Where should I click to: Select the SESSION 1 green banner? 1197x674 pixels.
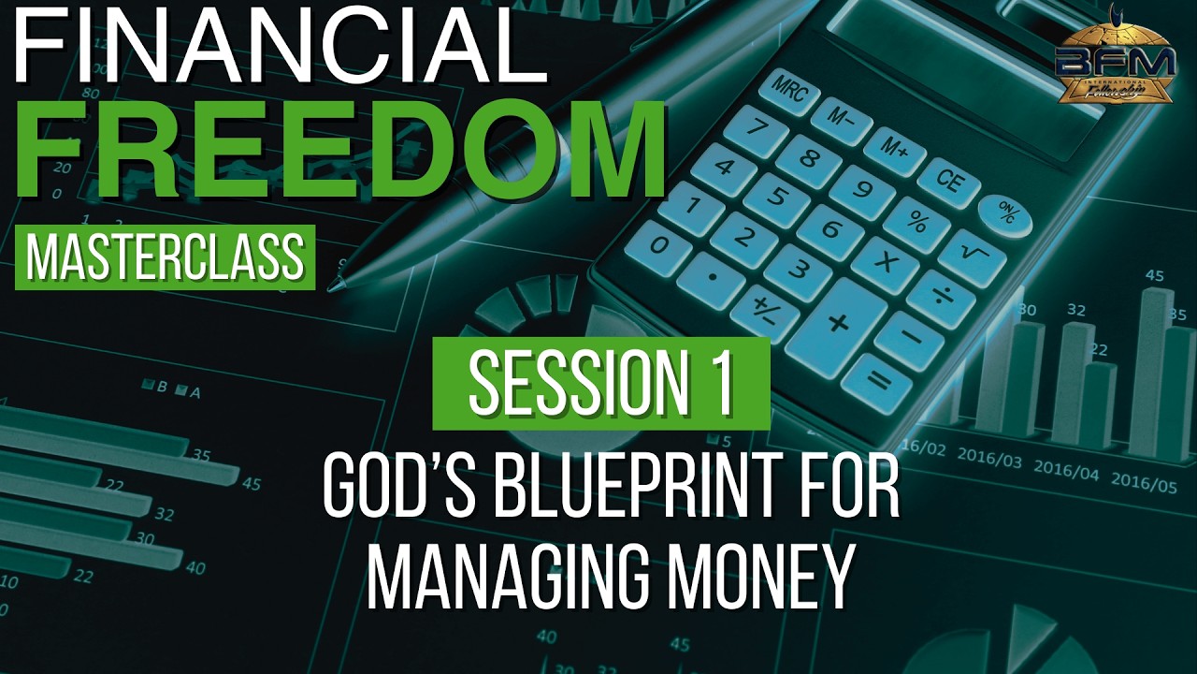click(x=601, y=383)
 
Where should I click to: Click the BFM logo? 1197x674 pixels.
click(x=1115, y=63)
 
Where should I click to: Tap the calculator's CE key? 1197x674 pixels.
click(x=947, y=181)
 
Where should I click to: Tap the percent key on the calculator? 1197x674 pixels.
click(x=916, y=223)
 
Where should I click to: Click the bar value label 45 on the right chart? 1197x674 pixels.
click(x=1155, y=275)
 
